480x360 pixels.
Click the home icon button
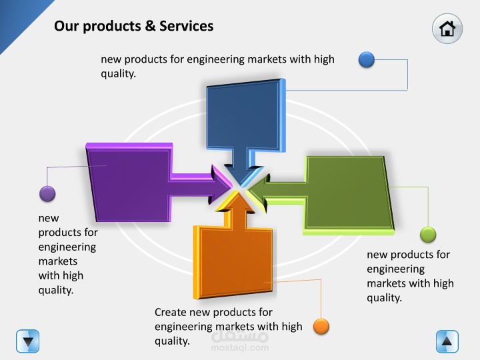(x=447, y=29)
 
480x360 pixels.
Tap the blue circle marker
(x=367, y=60)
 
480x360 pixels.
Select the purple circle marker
(x=47, y=194)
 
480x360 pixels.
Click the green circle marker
(x=428, y=235)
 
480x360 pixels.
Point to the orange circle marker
(x=321, y=327)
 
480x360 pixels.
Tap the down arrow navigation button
(x=27, y=341)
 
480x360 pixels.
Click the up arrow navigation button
(x=447, y=341)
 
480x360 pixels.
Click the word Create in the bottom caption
(x=171, y=312)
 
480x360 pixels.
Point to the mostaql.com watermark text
(x=240, y=347)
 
